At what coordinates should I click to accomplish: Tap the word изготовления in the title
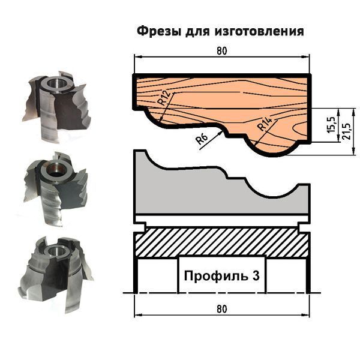click(x=259, y=31)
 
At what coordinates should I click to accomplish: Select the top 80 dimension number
click(x=222, y=51)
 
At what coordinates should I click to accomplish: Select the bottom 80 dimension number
click(x=222, y=309)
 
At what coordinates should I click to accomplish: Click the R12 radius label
click(x=165, y=97)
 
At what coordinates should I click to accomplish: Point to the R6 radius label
click(x=202, y=139)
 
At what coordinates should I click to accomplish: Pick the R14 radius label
click(x=265, y=124)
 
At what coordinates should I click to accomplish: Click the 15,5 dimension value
click(x=332, y=124)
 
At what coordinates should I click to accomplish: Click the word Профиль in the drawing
click(x=216, y=276)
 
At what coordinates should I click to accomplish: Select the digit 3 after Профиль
click(x=256, y=275)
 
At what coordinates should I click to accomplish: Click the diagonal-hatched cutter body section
click(x=222, y=242)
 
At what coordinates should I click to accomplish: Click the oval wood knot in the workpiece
click(x=301, y=130)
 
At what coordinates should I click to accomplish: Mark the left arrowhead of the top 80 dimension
click(x=138, y=57)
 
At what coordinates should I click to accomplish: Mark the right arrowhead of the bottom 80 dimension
click(x=305, y=315)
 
